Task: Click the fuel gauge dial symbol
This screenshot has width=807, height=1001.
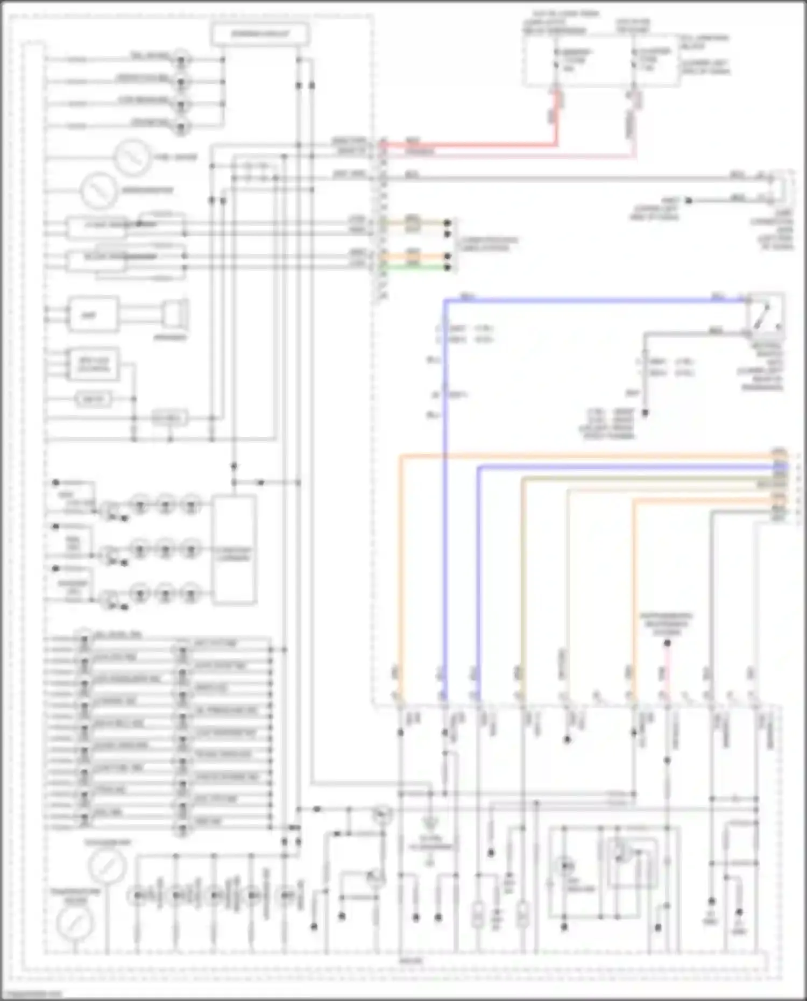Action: (131, 157)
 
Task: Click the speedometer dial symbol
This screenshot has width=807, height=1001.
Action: (98, 190)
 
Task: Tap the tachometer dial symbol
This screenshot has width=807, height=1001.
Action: (108, 864)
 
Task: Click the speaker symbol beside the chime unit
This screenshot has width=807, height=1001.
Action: (176, 315)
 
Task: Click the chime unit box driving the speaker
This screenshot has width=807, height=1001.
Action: (93, 315)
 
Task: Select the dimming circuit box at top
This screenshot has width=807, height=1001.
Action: (260, 34)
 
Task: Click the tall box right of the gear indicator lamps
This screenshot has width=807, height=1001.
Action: (234, 550)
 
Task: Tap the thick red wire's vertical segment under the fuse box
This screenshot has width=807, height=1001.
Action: (557, 118)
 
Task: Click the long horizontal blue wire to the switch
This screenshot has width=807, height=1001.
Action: (592, 300)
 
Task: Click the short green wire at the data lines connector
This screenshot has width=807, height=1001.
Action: (414, 267)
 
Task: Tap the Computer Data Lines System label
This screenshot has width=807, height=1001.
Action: (487, 244)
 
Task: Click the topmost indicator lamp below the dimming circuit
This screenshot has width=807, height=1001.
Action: (181, 59)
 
